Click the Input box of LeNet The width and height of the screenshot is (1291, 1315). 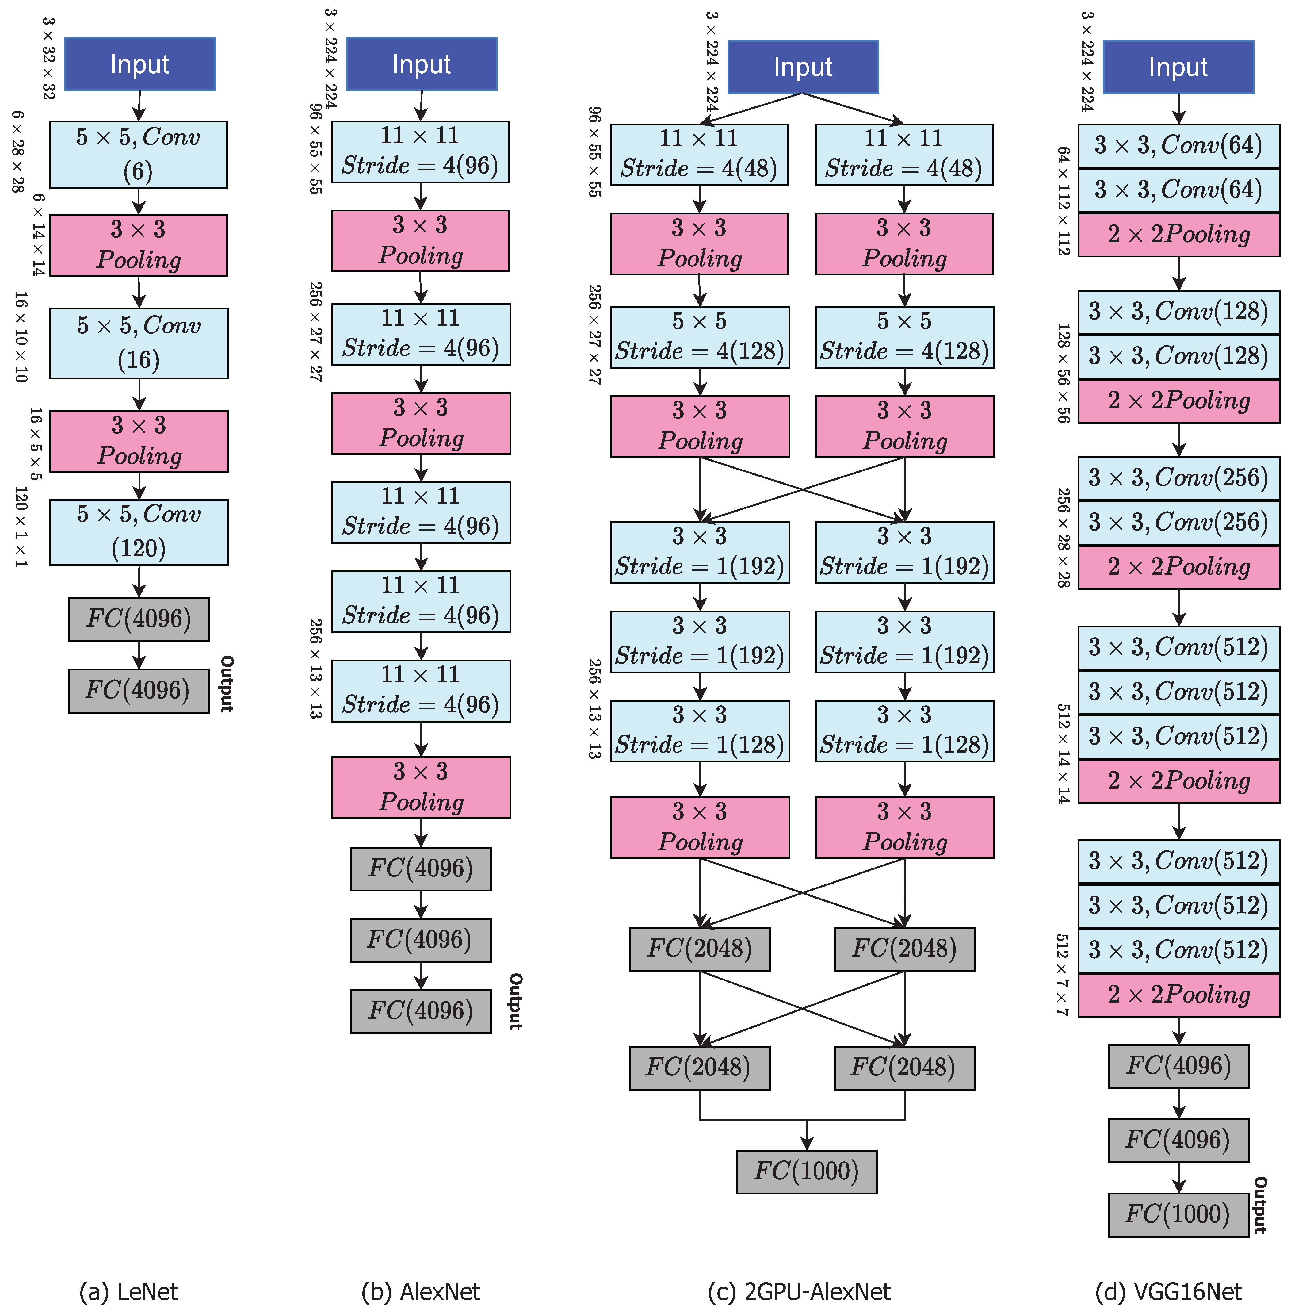click(x=140, y=64)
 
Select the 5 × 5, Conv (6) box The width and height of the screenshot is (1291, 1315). click(x=138, y=155)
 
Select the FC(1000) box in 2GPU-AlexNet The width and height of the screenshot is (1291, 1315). click(x=806, y=1171)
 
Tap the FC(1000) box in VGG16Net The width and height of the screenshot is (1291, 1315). click(x=1178, y=1214)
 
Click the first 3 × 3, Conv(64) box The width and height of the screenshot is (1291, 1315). click(x=1178, y=145)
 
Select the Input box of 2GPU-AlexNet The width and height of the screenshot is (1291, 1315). click(x=803, y=67)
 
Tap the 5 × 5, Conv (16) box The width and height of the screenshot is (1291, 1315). click(x=139, y=343)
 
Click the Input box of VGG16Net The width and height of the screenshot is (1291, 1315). click(x=1178, y=67)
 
